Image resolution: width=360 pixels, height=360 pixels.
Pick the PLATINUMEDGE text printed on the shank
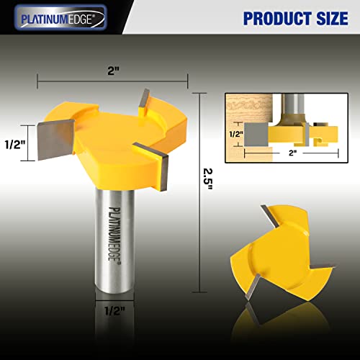coord(114,231)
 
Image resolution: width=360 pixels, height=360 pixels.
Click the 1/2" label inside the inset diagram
coord(235,133)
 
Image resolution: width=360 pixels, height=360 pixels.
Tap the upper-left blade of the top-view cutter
coord(267,212)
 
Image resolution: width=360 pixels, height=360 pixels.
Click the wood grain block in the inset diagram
coord(245,107)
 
